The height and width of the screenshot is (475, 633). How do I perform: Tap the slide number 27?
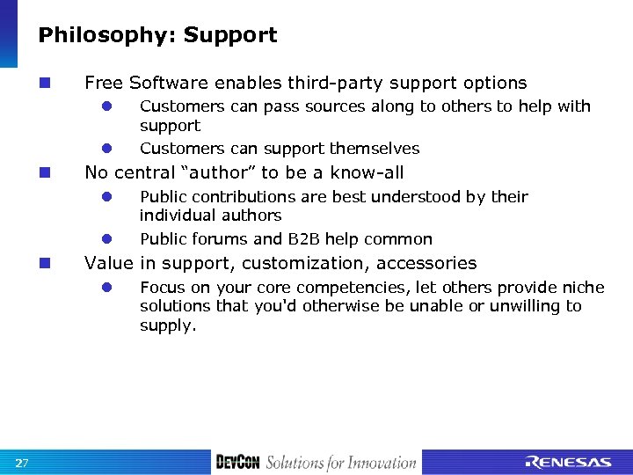click(23, 463)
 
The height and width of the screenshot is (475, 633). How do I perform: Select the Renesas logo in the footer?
click(568, 463)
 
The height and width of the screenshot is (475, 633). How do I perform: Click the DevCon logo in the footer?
click(237, 463)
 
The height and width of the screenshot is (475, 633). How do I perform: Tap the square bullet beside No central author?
click(44, 173)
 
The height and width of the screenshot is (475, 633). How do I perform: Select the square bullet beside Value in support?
click(44, 263)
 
